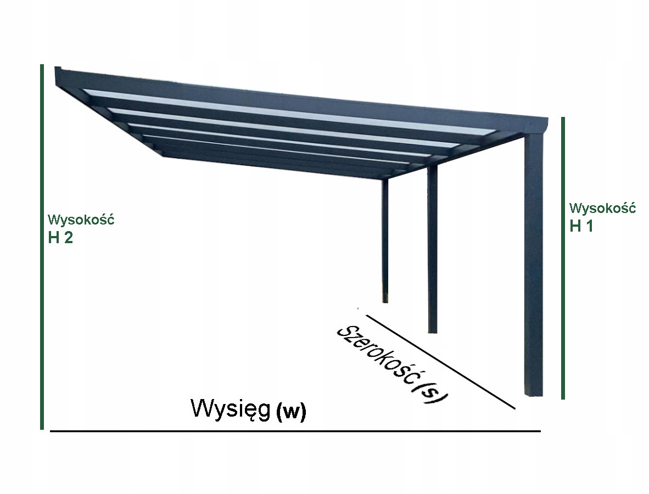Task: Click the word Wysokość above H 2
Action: click(81, 220)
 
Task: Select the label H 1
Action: click(581, 226)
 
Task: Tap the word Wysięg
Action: click(231, 409)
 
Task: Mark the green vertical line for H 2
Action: click(42, 247)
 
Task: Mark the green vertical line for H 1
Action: click(563, 258)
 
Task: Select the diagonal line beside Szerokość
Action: click(439, 362)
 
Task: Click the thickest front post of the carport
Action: click(534, 263)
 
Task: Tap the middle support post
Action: click(433, 247)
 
